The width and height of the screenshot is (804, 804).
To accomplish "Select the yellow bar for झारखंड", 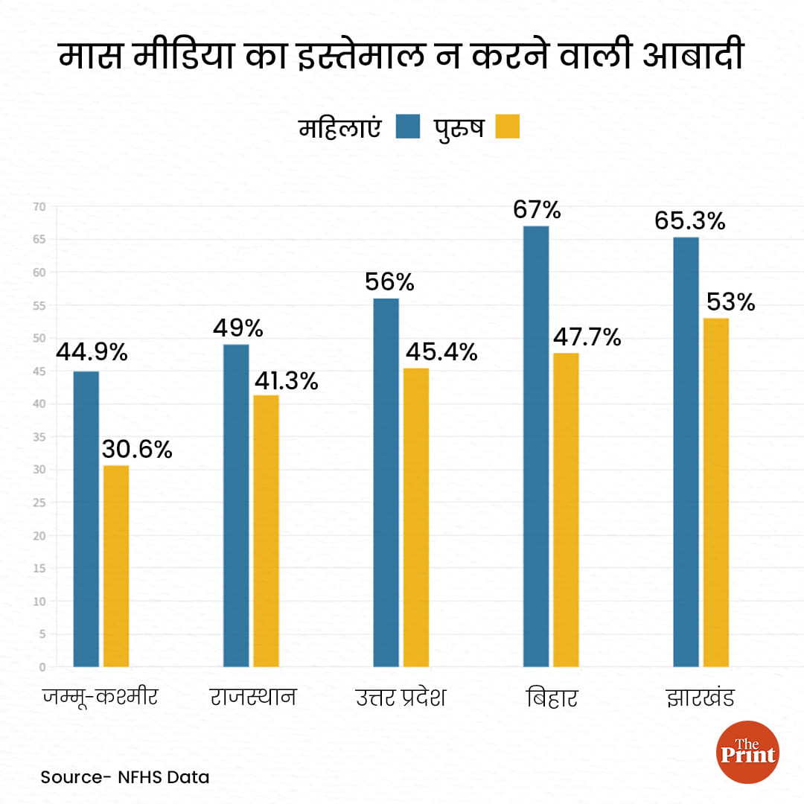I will tap(715, 492).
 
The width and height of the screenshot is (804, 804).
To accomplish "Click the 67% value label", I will tap(537, 209).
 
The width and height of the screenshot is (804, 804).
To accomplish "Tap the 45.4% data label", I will tap(441, 351).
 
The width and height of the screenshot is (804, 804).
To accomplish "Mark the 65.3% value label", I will tap(689, 221).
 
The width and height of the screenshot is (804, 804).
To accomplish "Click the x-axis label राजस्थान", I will tap(253, 698).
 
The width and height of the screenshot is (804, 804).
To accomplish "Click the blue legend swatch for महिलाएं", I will tap(409, 127).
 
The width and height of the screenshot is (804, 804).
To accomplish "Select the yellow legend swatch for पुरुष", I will tap(507, 127).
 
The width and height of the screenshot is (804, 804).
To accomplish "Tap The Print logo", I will tap(747, 752).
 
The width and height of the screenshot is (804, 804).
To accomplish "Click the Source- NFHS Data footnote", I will tap(125, 777).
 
